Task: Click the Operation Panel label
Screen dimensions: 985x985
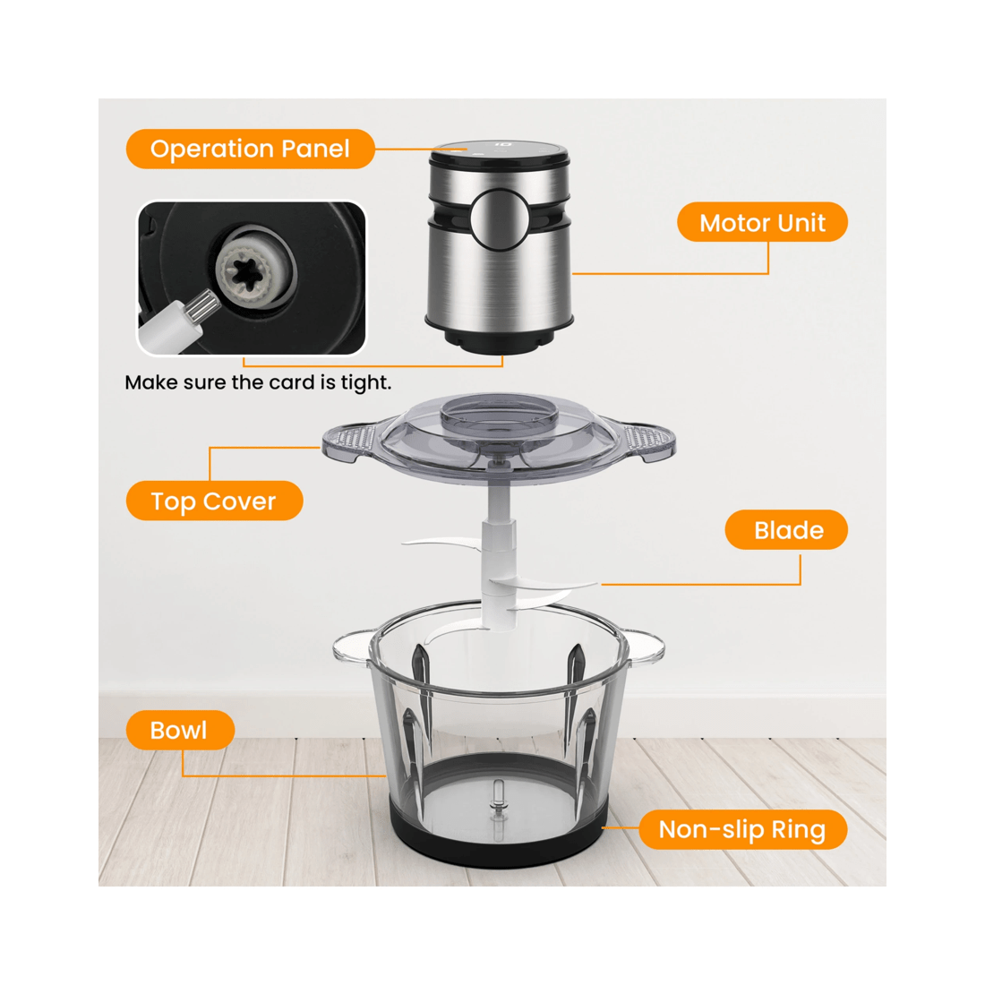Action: click(x=250, y=149)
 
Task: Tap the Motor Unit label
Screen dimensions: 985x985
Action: click(x=761, y=222)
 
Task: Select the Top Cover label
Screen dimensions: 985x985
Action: click(x=214, y=501)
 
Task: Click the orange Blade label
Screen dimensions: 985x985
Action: click(x=786, y=530)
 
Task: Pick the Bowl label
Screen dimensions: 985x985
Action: click(x=179, y=730)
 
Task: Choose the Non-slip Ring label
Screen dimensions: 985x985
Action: click(x=741, y=829)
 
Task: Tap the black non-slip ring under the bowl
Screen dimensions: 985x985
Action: click(x=497, y=847)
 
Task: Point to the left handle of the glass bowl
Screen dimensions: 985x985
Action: click(x=351, y=647)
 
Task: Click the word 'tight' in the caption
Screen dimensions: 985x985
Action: click(x=366, y=383)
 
